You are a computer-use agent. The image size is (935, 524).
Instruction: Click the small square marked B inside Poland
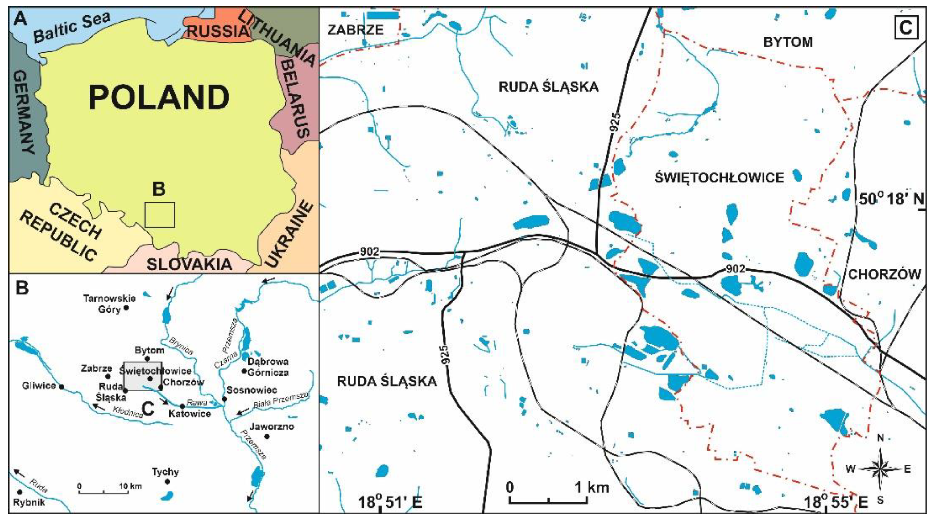[x=159, y=215]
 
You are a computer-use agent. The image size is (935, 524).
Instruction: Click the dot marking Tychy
[x=167, y=481]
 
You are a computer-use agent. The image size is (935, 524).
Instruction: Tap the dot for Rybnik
[x=20, y=492]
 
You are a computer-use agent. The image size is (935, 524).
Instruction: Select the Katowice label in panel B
[x=189, y=414]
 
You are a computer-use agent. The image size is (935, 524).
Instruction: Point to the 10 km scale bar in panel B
[x=104, y=492]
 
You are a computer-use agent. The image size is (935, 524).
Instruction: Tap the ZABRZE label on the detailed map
[x=355, y=30]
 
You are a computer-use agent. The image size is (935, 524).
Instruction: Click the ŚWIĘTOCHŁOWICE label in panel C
[x=719, y=178]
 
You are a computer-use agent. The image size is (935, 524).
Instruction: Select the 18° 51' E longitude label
[x=390, y=503]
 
